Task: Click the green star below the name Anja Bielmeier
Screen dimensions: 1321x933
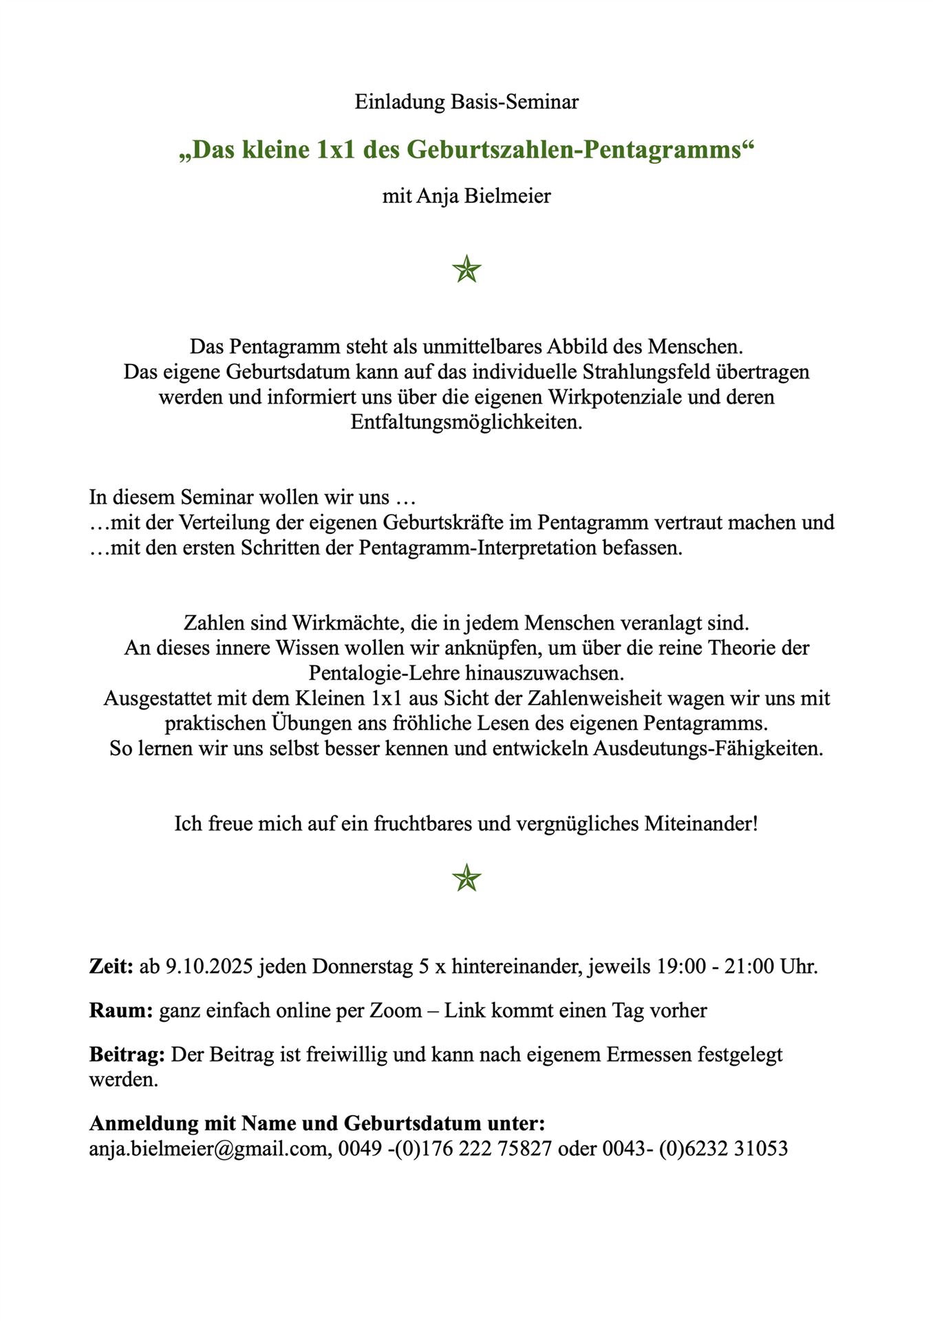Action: [x=466, y=269]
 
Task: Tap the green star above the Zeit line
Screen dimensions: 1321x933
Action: [x=466, y=879]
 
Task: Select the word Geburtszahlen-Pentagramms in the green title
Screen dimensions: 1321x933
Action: [x=575, y=150]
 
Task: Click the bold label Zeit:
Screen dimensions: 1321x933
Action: [x=111, y=967]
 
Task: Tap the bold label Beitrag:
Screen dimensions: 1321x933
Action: [x=127, y=1055]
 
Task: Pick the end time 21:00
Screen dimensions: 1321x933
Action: [x=749, y=967]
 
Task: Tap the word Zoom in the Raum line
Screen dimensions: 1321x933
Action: [x=396, y=1011]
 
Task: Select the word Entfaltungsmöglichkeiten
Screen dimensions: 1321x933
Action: [x=466, y=422]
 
